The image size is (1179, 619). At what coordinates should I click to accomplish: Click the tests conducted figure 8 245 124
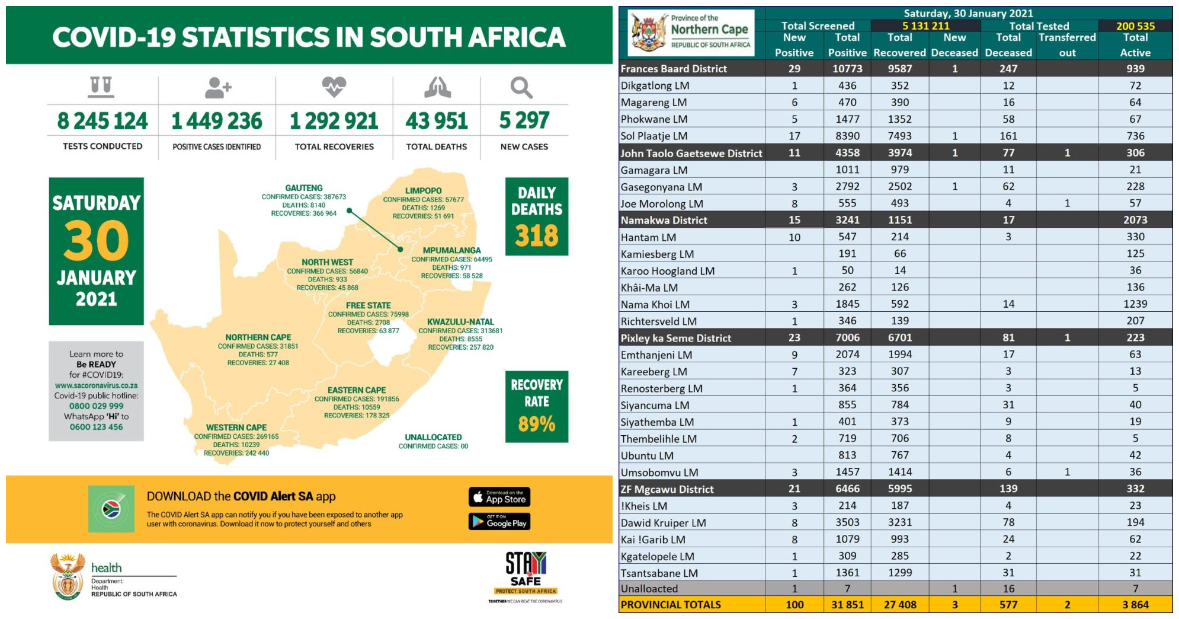[x=102, y=121]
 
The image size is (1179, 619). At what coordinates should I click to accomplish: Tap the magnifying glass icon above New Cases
[x=521, y=88]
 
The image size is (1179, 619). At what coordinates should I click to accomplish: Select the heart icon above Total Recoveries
[x=334, y=87]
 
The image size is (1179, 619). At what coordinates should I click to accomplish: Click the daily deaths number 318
[x=537, y=236]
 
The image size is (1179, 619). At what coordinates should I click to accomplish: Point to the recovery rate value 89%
[x=537, y=423]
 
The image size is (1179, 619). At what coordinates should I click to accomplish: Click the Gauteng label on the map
[x=304, y=188]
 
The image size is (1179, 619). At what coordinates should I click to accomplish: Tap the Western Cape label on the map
[x=236, y=427]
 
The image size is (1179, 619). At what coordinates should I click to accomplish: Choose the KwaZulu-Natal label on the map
[x=460, y=322]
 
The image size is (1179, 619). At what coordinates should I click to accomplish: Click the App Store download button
[x=499, y=497]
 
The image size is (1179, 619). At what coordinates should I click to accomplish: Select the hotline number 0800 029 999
[x=97, y=406]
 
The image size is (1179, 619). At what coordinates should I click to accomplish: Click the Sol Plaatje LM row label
[x=654, y=136]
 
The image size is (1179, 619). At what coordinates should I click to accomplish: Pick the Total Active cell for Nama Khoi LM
[x=1135, y=304]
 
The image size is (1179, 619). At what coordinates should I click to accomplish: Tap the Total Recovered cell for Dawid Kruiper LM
[x=899, y=522]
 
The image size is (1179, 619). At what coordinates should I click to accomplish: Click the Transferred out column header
[x=1067, y=44]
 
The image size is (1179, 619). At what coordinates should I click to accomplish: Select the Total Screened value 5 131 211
[x=925, y=25]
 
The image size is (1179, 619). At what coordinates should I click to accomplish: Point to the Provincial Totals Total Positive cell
[x=847, y=605]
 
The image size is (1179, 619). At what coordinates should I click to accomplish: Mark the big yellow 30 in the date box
[x=96, y=241]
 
